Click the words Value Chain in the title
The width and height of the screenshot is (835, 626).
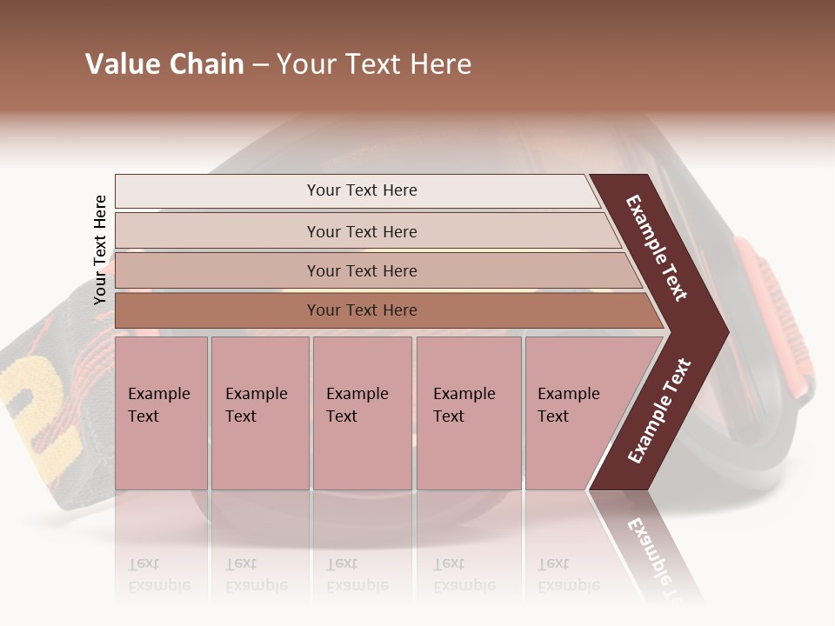coord(164,64)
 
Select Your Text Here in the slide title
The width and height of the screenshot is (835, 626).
coord(374,64)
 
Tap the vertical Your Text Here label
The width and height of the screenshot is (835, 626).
coord(100,250)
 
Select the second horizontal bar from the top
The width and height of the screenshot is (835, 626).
coord(361,231)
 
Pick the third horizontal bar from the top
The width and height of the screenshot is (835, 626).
coord(361,270)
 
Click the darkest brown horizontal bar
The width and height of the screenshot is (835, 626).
coord(361,310)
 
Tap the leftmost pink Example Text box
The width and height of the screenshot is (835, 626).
coord(161,413)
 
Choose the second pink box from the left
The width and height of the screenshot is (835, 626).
coord(259,413)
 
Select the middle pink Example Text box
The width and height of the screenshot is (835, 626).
coord(362,413)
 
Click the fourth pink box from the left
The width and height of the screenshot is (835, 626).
coord(468,413)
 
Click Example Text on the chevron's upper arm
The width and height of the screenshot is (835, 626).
coord(657,248)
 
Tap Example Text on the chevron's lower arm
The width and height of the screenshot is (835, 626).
coord(659,410)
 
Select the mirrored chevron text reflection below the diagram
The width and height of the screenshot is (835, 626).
coord(657,556)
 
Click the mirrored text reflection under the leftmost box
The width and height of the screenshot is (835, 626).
coord(158,575)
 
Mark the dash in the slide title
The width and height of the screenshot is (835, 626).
coord(260,65)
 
